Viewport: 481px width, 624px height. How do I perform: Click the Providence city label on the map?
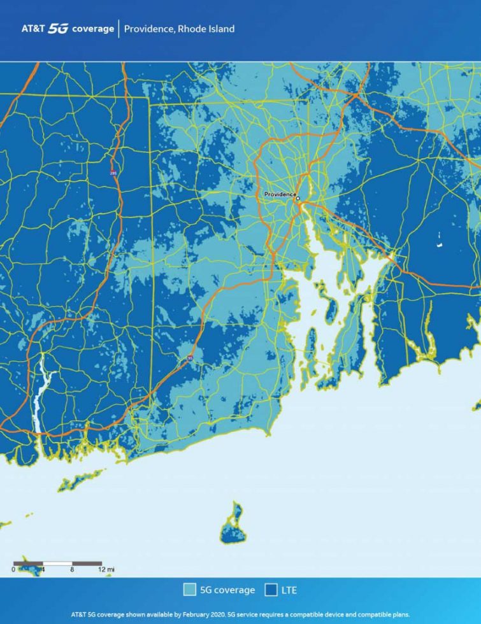coord(280,194)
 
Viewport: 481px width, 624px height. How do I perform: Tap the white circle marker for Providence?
coord(298,198)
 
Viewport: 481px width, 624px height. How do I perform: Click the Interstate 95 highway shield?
coord(190,360)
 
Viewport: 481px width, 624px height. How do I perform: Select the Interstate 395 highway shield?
coord(113,173)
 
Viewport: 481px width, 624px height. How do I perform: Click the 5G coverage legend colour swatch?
coord(189,590)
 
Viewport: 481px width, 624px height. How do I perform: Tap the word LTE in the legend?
coord(289,590)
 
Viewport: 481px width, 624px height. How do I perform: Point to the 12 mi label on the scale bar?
coord(107,569)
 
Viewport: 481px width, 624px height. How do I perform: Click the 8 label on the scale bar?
coord(73,569)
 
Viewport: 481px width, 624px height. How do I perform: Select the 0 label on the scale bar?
coord(13,569)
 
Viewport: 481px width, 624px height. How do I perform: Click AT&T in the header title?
coord(33,29)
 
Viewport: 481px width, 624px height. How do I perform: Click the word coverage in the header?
coord(93,29)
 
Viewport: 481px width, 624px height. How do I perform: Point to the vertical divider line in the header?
coord(118,29)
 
